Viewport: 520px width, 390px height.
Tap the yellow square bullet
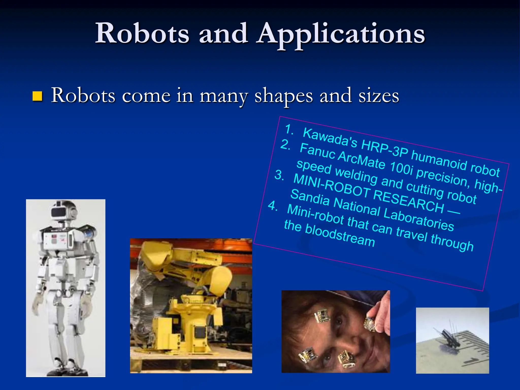click(x=37, y=96)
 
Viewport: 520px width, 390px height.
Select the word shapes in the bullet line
click(x=284, y=96)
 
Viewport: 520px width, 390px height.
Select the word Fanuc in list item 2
click(x=317, y=151)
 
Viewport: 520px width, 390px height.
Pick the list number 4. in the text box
click(x=273, y=206)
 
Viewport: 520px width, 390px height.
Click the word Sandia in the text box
click(x=310, y=198)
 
